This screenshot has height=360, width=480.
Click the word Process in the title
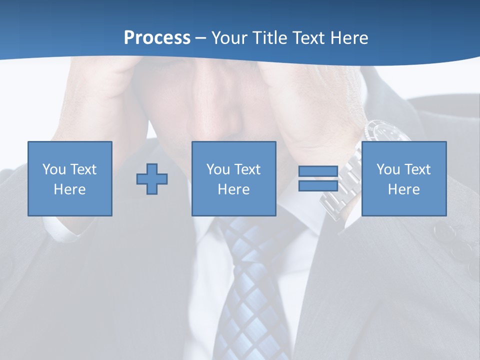(157, 38)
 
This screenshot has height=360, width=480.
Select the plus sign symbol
(152, 179)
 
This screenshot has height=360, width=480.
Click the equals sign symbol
(318, 178)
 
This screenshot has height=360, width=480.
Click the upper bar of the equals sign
(318, 171)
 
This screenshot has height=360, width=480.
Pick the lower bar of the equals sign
(318, 185)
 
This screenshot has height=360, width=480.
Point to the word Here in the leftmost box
(69, 189)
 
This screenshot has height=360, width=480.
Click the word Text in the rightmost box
(417, 169)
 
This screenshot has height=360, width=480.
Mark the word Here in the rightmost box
(403, 189)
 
